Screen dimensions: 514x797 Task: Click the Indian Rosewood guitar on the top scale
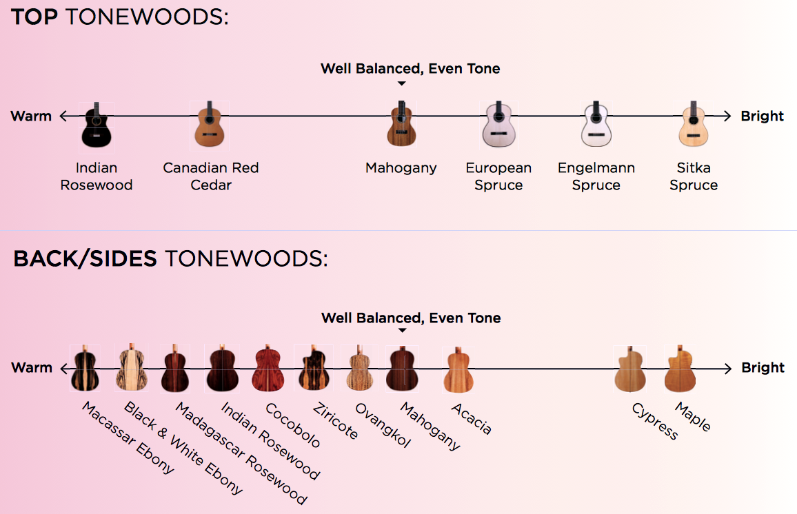click(97, 125)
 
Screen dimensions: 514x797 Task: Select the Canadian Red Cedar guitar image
click(209, 125)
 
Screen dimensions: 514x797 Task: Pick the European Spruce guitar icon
click(498, 124)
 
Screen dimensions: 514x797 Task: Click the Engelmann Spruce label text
click(596, 176)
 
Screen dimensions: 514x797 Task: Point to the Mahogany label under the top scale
click(401, 168)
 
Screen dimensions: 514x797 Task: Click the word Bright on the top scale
click(762, 116)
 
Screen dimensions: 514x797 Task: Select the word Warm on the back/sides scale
click(32, 367)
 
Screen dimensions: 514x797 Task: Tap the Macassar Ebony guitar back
click(85, 369)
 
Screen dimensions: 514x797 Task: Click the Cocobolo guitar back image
click(269, 369)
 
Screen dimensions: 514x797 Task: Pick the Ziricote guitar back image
click(313, 369)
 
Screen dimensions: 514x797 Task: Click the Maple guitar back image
click(678, 369)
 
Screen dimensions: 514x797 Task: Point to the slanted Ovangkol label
click(382, 424)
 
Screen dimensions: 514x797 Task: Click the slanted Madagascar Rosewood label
click(241, 452)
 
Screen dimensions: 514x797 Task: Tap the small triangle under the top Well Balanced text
click(402, 83)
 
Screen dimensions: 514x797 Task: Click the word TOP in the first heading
click(34, 17)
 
